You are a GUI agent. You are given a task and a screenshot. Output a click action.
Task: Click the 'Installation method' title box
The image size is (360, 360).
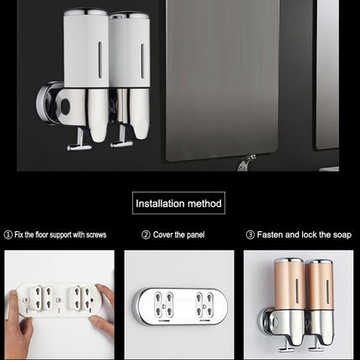[179, 203]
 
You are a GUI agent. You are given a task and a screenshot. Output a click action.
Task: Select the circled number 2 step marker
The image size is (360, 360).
[146, 235]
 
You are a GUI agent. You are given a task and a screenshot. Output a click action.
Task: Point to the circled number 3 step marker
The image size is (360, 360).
[249, 235]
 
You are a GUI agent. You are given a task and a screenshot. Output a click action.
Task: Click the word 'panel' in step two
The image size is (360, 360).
[193, 235]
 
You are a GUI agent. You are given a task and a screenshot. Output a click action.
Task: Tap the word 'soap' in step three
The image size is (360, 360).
[340, 235]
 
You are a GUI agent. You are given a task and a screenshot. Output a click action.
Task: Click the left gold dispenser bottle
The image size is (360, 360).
[289, 293]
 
